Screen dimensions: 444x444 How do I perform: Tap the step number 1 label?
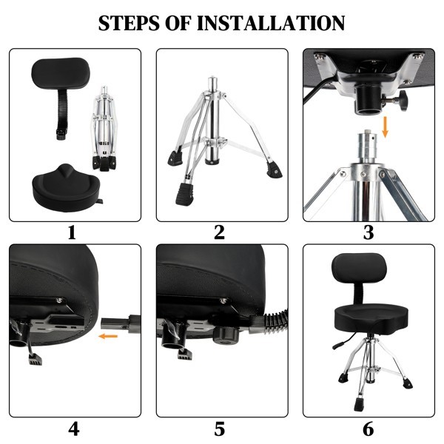coord(72,233)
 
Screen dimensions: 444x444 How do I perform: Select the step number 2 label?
coord(219,233)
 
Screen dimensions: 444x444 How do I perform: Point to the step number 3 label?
coord(368,233)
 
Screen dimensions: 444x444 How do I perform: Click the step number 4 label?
coord(73,428)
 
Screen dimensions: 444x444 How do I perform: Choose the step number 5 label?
coord(219,428)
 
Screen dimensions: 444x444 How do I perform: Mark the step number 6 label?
coord(368,428)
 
